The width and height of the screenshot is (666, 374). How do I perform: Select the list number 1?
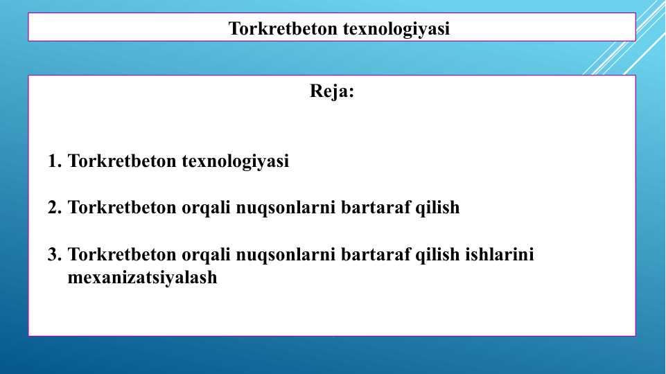pos(54,161)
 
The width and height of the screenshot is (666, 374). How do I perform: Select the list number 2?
pos(54,207)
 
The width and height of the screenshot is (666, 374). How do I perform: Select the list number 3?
pos(54,254)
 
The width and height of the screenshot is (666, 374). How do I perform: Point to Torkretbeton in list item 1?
pos(123,161)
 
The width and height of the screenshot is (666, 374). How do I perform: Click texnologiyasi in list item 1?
pos(236,161)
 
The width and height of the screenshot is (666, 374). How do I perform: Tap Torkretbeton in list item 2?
pos(123,207)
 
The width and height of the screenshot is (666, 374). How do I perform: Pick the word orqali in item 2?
pos(207,207)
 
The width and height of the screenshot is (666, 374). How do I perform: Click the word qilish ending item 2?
pos(437,207)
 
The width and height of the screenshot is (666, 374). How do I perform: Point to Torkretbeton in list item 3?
pos(123,254)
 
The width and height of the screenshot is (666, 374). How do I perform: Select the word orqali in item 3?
pos(207,254)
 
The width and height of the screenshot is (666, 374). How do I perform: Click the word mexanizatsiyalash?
pos(143,278)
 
